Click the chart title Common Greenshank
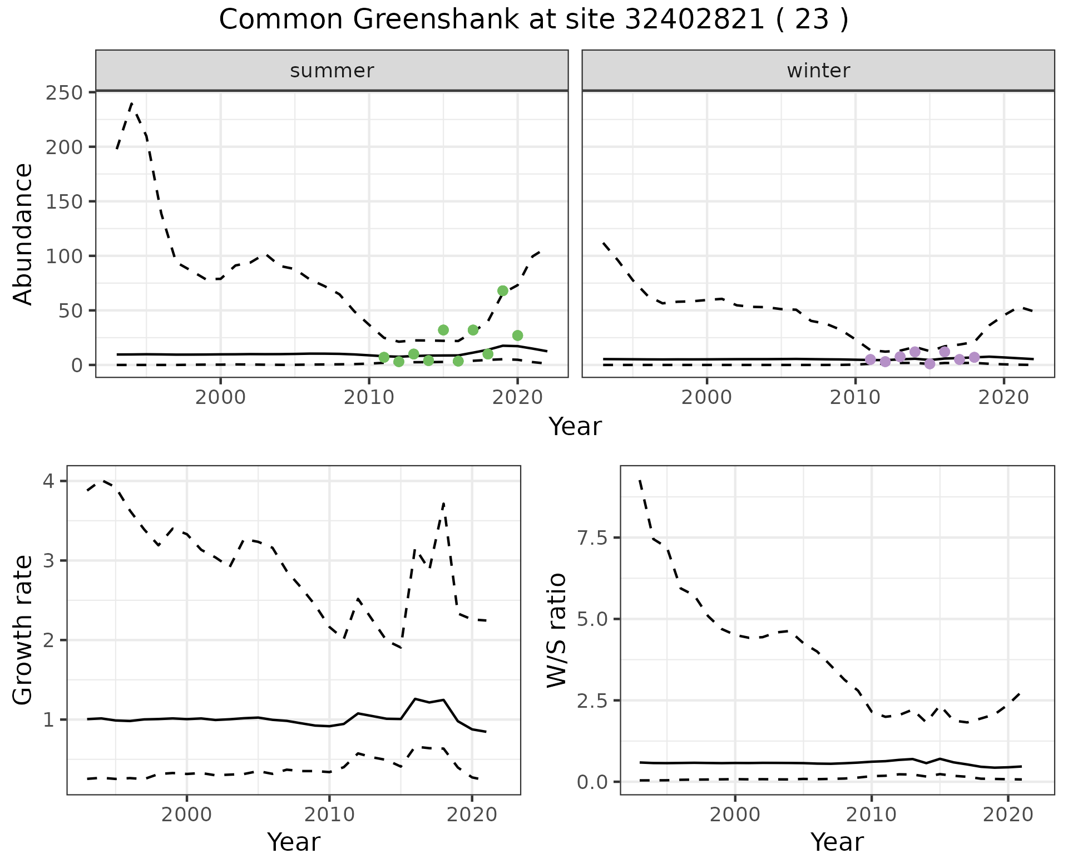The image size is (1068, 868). (533, 20)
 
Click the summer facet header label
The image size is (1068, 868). (332, 71)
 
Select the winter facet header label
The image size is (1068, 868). (818, 71)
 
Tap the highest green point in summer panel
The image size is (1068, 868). (503, 290)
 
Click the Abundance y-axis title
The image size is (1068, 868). (23, 234)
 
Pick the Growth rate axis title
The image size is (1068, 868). (23, 630)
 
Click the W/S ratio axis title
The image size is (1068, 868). (557, 630)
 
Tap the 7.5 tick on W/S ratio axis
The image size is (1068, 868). (590, 537)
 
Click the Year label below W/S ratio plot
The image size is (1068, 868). (837, 842)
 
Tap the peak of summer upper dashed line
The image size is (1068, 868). (132, 103)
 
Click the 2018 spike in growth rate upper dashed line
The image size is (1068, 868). (443, 504)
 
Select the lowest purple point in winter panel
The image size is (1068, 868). (929, 364)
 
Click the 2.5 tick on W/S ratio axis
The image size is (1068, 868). (590, 701)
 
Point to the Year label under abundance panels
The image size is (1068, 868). (575, 427)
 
